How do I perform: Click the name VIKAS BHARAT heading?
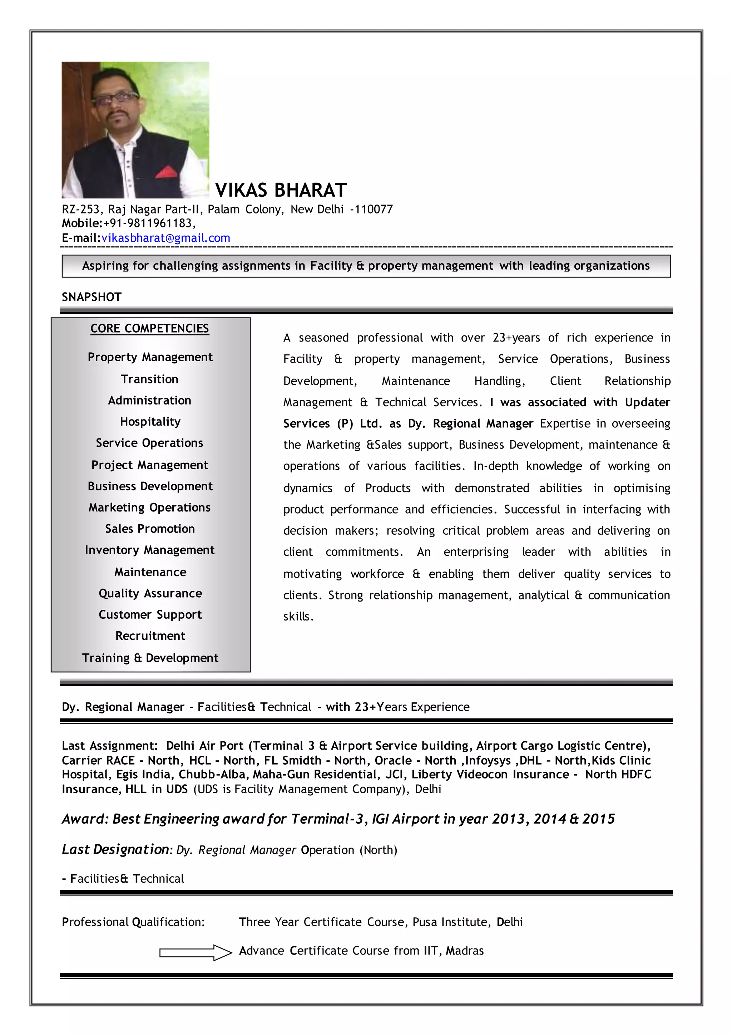(281, 190)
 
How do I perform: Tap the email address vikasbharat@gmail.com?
(165, 238)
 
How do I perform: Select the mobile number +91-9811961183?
(149, 223)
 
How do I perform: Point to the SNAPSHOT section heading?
(91, 297)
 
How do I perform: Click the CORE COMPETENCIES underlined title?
(150, 328)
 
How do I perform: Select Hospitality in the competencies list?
(150, 421)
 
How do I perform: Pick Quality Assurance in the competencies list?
(150, 593)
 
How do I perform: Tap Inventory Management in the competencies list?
(150, 550)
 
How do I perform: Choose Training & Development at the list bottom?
(150, 658)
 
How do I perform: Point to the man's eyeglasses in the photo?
(115, 99)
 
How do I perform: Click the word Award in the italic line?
(83, 819)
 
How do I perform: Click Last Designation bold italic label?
(115, 850)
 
